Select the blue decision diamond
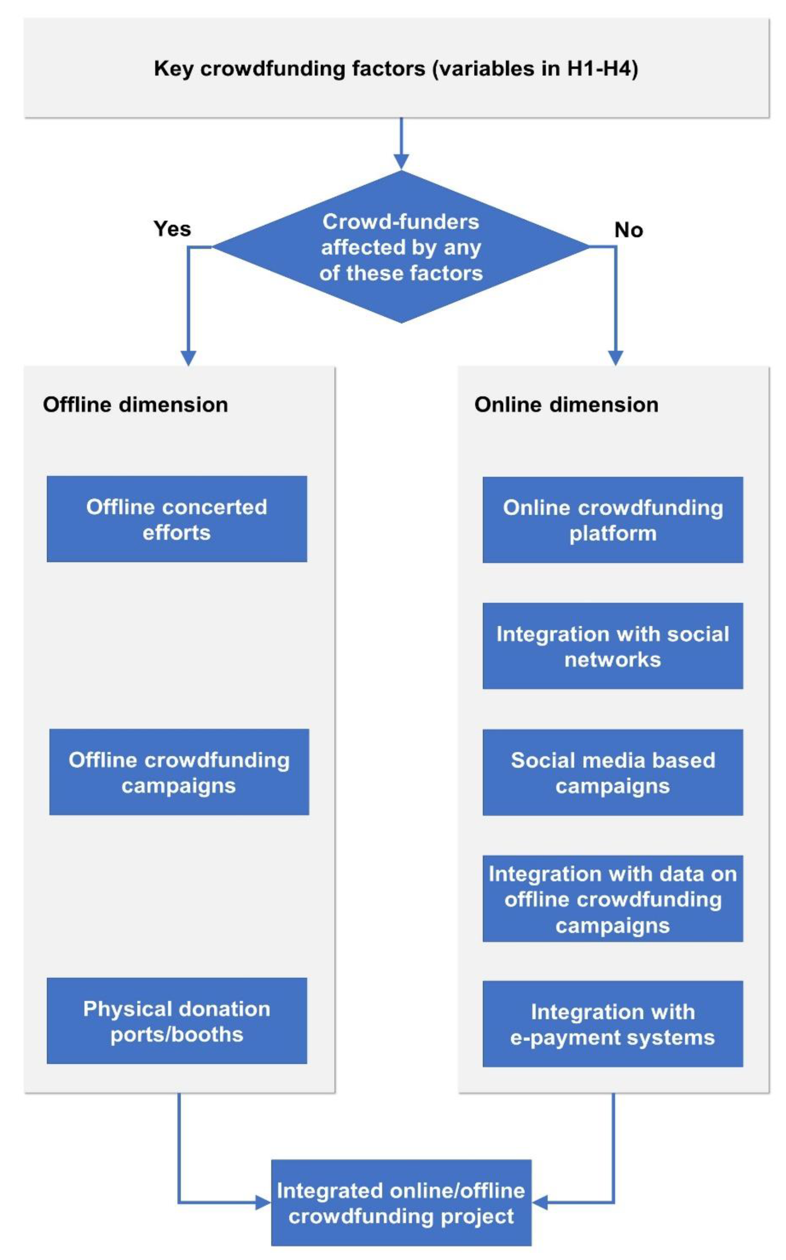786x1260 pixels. (401, 247)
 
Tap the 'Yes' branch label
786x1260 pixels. (172, 229)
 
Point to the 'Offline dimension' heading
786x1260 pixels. (135, 405)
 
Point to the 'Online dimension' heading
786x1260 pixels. (566, 405)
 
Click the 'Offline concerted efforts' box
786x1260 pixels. (177, 519)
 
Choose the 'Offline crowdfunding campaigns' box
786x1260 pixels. (179, 772)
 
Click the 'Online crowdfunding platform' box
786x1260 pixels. (613, 520)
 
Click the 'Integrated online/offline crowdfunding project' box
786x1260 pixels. (401, 1203)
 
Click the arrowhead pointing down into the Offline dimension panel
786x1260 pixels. (188, 357)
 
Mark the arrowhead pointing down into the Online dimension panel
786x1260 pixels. (616, 357)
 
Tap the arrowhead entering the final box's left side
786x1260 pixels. (264, 1202)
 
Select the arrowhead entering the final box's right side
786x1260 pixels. (539, 1202)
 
